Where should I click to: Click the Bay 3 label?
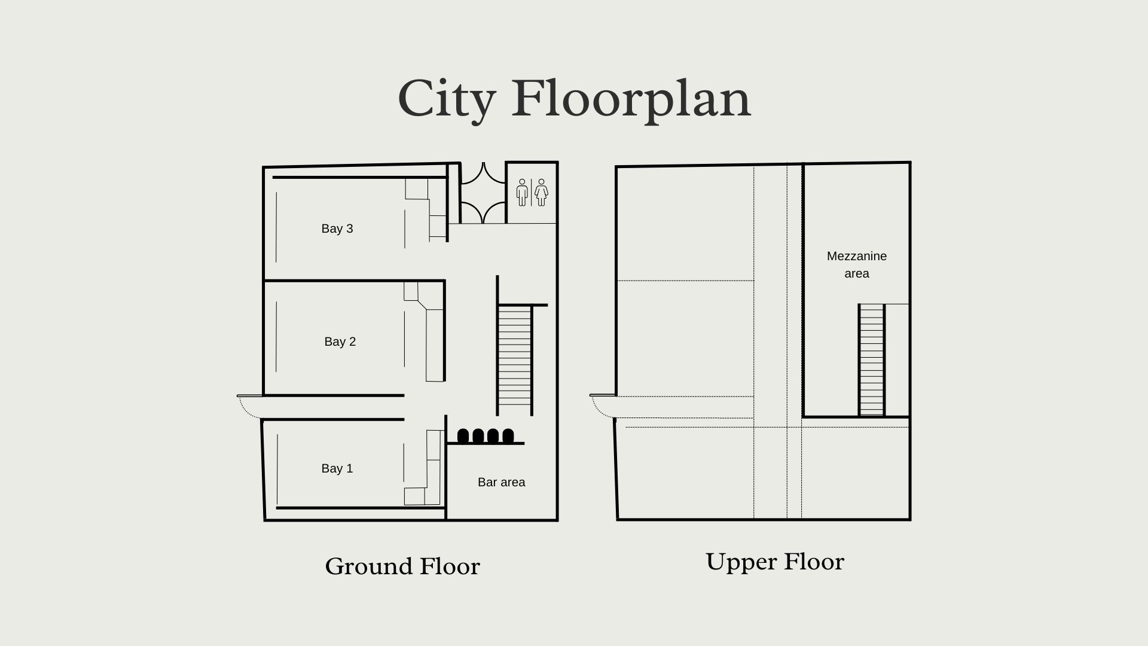(x=337, y=228)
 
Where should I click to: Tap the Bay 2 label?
(x=340, y=342)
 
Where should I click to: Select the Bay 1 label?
(x=337, y=468)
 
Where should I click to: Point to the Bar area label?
(x=501, y=482)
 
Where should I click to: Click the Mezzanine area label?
(x=857, y=264)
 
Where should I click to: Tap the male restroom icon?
(x=523, y=193)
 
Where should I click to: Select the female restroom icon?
(x=541, y=193)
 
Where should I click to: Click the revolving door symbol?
(x=483, y=193)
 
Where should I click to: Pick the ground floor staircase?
(x=514, y=358)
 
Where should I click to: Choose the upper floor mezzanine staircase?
(x=871, y=359)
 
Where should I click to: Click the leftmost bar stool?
(x=463, y=436)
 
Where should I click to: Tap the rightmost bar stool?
(x=508, y=436)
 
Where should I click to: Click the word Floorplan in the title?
(x=631, y=99)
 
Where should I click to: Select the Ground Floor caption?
(x=402, y=566)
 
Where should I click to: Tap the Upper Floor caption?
(x=775, y=562)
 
